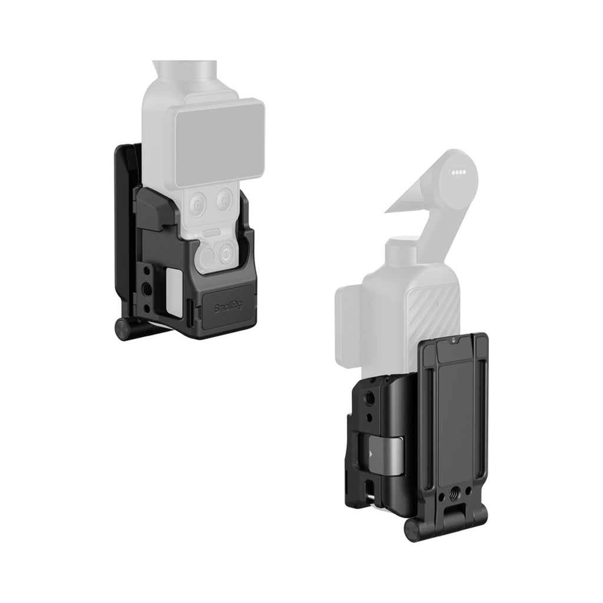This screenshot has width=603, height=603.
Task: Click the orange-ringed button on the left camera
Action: pyautogui.click(x=226, y=253)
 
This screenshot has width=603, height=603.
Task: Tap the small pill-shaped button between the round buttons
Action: pyautogui.click(x=212, y=232)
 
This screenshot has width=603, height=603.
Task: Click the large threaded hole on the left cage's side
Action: pyautogui.click(x=147, y=287)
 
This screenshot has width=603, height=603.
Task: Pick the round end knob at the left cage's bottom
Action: pyautogui.click(x=122, y=329)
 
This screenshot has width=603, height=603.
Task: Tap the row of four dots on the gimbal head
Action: pyautogui.click(x=458, y=172)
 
